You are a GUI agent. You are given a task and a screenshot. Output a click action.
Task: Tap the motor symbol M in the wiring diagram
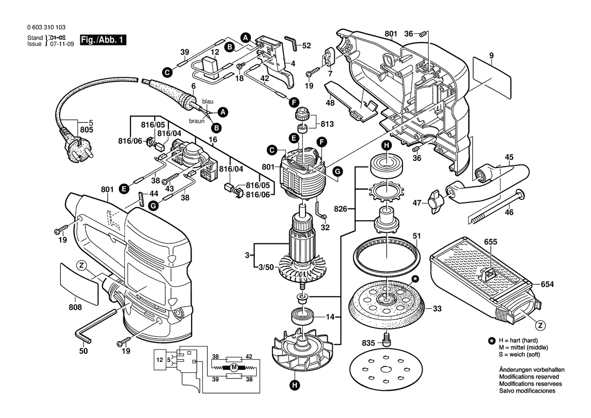click(x=234, y=367)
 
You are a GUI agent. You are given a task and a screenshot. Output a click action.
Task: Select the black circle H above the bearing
click(x=386, y=146)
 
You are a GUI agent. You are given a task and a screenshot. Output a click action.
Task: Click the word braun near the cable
click(x=197, y=121)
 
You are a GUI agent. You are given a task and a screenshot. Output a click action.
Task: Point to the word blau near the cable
click(x=207, y=101)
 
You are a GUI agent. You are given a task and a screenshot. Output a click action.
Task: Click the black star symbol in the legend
click(x=491, y=341)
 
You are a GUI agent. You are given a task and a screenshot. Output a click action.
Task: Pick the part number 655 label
click(x=491, y=242)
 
